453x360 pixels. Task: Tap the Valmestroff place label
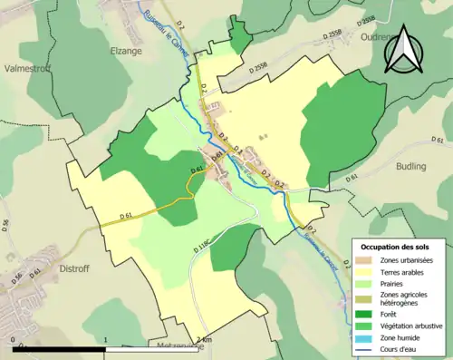(x=27, y=66)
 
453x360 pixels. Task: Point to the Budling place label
(x=416, y=167)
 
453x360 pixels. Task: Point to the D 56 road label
(x=19, y=282)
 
